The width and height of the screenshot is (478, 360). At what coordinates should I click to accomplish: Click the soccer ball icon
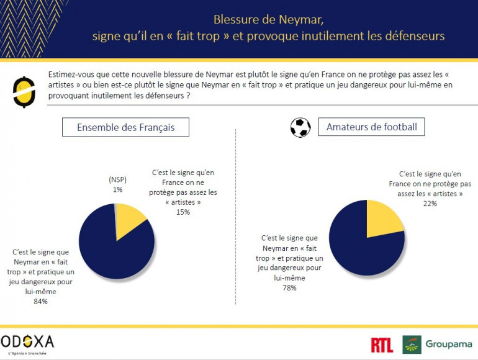[300, 128]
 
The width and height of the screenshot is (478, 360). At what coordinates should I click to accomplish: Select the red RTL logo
[381, 345]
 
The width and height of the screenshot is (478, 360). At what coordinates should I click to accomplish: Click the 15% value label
[183, 212]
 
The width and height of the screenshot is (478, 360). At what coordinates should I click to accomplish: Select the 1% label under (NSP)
[118, 189]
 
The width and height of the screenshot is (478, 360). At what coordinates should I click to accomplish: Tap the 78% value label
[289, 287]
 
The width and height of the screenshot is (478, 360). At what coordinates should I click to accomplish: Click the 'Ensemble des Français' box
[125, 128]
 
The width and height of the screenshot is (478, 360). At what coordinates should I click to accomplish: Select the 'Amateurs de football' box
[372, 128]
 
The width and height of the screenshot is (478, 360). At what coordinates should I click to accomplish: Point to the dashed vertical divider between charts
[236, 217]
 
